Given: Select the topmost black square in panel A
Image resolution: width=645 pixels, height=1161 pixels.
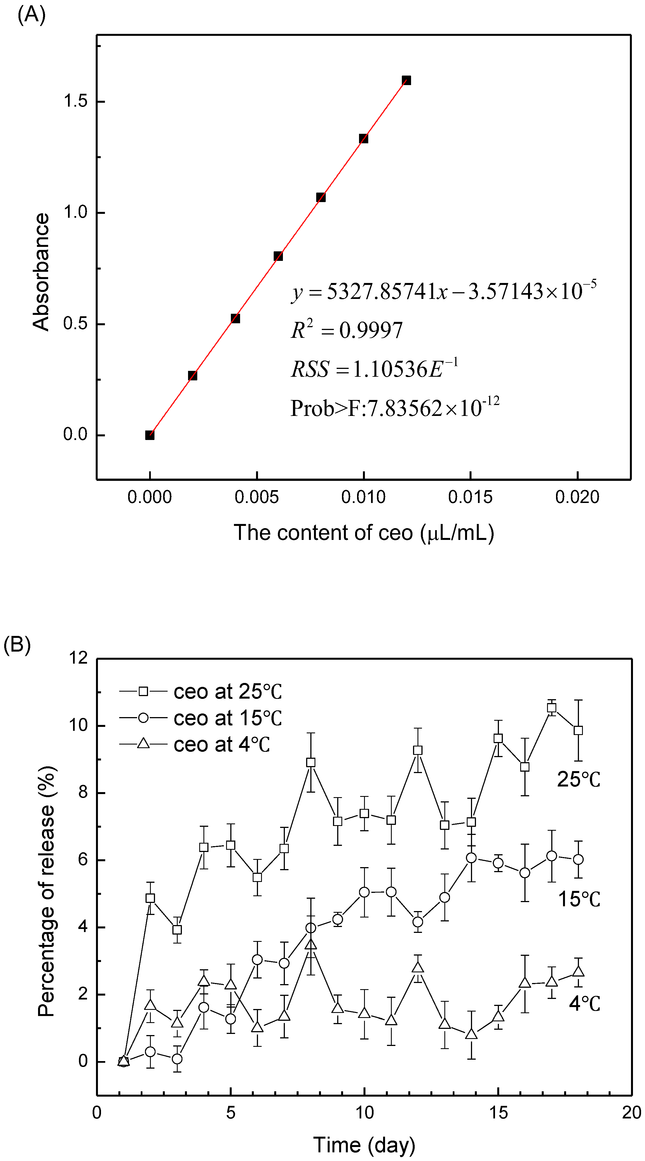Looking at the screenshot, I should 406,81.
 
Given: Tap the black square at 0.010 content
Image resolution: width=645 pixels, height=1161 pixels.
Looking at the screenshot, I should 363,138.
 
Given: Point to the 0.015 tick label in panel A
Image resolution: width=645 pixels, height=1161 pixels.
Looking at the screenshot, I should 470,497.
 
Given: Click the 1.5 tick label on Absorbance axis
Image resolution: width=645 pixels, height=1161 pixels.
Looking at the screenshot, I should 75,101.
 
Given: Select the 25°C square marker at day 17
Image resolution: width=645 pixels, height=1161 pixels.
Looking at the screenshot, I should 551,708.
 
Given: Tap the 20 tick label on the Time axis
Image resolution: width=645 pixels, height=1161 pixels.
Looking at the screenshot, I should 631,1113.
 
